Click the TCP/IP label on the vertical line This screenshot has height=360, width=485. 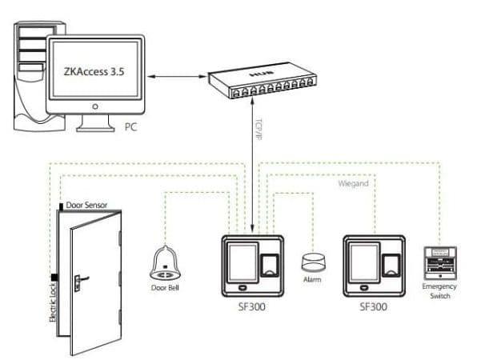258,132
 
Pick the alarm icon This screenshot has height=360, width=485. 313,262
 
